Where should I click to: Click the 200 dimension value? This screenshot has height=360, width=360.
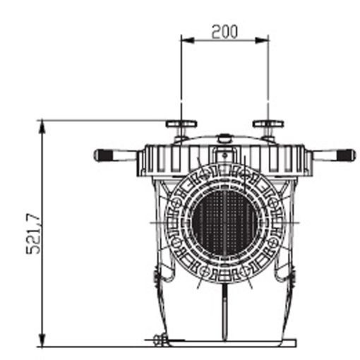(x=224, y=32)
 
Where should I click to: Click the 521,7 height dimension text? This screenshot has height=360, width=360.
(x=33, y=234)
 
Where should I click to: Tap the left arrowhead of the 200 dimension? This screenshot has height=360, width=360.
(x=188, y=40)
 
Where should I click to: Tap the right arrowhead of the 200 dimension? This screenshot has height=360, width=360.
(x=262, y=40)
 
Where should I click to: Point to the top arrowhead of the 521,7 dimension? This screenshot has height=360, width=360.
(x=42, y=127)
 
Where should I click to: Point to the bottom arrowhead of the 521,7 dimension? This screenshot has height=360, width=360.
(x=42, y=340)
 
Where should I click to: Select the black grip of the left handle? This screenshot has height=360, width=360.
(x=105, y=155)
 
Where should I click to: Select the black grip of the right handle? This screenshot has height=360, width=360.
(x=344, y=155)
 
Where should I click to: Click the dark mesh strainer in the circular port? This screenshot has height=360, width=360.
(x=224, y=222)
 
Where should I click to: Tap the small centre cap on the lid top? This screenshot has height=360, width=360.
(x=225, y=138)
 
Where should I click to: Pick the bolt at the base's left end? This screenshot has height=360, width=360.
(x=160, y=340)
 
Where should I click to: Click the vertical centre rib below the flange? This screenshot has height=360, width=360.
(x=225, y=312)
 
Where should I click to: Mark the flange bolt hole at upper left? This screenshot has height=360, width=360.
(x=177, y=203)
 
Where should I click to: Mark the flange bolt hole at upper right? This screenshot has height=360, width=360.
(x=273, y=203)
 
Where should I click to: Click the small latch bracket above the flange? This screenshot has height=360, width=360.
(x=225, y=155)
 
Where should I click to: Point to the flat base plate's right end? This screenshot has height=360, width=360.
(x=296, y=343)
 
